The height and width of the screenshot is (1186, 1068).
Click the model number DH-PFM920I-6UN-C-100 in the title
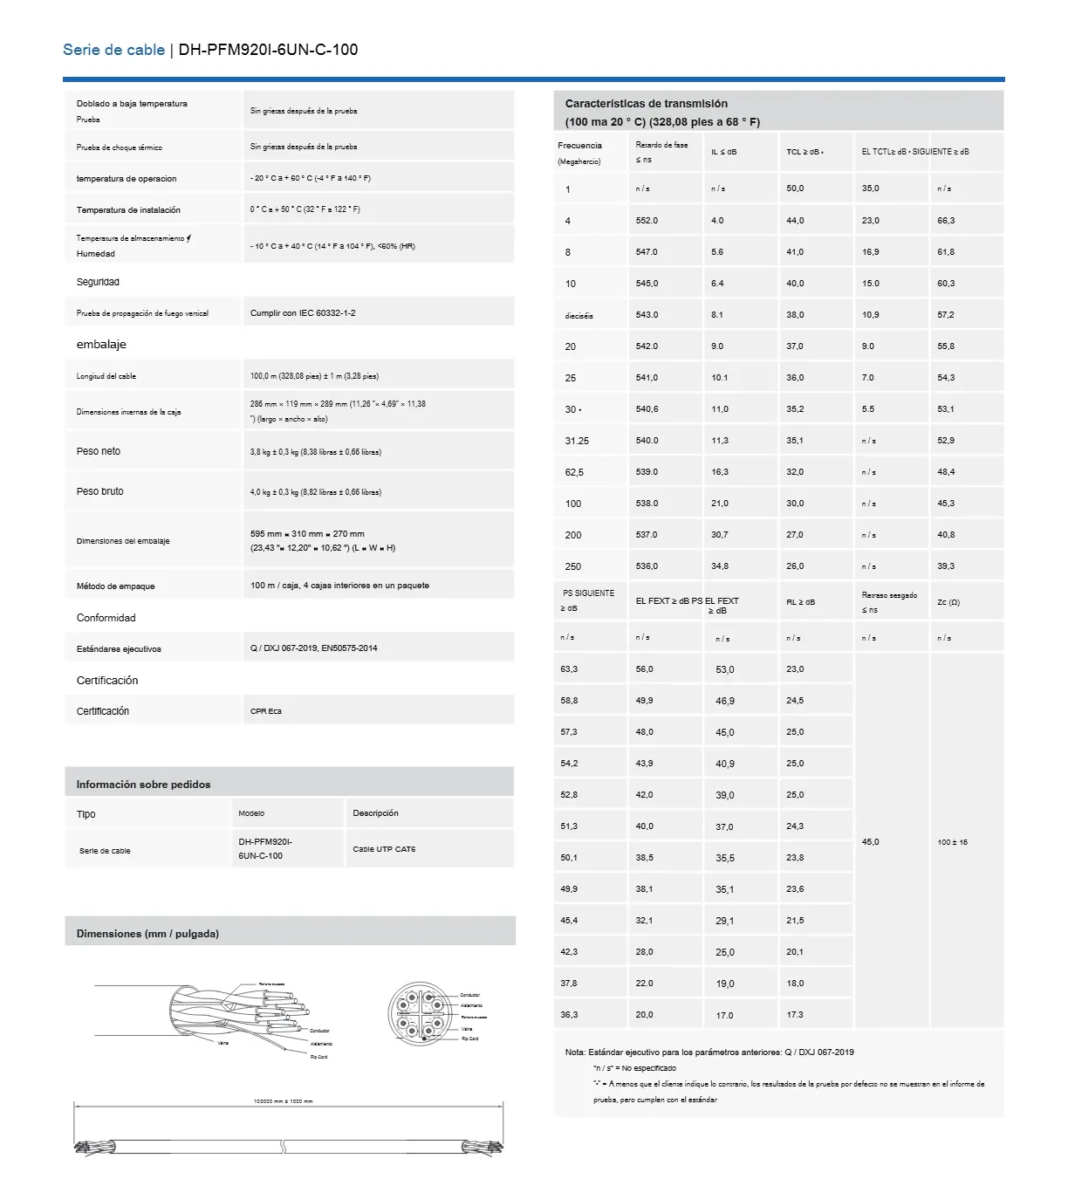tap(268, 50)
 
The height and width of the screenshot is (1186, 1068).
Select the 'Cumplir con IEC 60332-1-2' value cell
tap(303, 313)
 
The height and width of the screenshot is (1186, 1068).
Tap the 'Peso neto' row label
tap(99, 451)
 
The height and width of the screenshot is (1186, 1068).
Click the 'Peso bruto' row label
tap(100, 491)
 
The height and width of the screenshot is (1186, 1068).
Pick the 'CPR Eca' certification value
tap(266, 711)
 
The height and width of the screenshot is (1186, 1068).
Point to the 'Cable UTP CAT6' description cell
tap(384, 849)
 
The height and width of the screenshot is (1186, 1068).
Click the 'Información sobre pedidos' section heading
tap(143, 785)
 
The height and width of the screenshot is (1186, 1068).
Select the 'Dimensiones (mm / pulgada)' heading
tap(147, 934)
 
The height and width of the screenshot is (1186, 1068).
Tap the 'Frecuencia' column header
tap(580, 146)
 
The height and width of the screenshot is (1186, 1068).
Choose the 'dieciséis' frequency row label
tap(578, 316)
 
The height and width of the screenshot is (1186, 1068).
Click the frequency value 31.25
tap(577, 441)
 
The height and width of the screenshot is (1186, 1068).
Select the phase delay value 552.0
tap(647, 221)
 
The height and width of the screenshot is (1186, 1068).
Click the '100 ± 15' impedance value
tap(952, 842)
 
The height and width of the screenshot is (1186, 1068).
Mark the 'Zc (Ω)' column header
tap(948, 602)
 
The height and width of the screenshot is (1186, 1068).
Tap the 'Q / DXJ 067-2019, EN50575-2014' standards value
tap(314, 648)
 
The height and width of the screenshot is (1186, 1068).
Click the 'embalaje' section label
tap(101, 345)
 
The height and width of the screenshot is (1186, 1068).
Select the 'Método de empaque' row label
tap(115, 586)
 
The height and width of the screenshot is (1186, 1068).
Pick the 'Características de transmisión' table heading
tap(647, 104)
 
